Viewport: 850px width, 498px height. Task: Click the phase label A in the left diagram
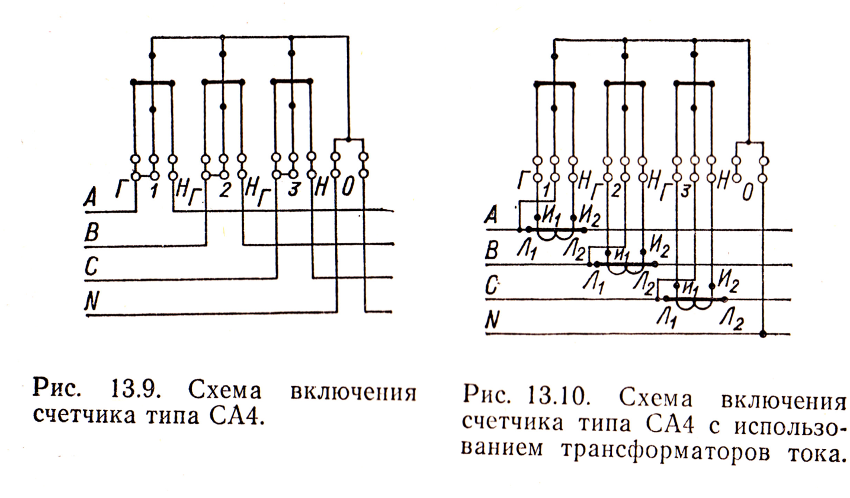[x=90, y=197]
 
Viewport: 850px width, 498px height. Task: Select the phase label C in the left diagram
[x=91, y=267]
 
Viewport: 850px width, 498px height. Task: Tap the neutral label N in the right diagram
[x=492, y=321]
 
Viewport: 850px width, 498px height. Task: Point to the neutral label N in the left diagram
[x=91, y=302]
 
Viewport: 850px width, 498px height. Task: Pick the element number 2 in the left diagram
[x=224, y=191]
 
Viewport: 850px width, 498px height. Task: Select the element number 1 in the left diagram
[x=153, y=191]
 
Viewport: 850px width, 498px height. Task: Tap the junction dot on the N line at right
[x=764, y=333]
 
